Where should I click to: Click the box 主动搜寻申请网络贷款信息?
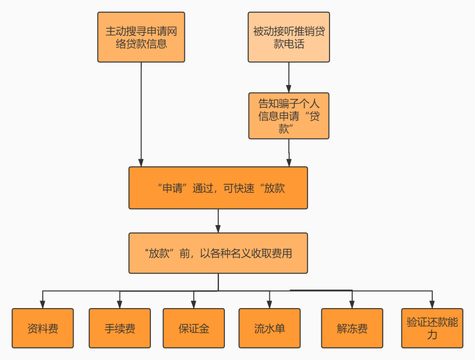tap(141, 37)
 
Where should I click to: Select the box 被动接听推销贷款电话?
tap(289, 37)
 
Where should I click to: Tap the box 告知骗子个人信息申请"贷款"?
tap(289, 116)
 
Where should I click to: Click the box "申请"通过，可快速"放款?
tap(218, 188)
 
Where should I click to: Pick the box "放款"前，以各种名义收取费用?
tap(218, 253)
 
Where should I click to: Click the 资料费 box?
tap(43, 328)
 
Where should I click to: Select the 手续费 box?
tap(120, 328)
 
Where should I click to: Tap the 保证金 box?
tap(194, 328)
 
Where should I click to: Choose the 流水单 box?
tap(270, 328)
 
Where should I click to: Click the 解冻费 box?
tap(352, 328)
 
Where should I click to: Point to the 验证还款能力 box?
tap(432, 328)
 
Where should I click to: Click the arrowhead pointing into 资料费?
tap(43, 304)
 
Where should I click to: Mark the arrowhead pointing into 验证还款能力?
tap(432, 304)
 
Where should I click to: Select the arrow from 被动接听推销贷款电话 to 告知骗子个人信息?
tap(289, 77)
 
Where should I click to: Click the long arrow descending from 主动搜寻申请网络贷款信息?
tap(141, 114)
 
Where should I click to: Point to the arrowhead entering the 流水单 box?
tap(270, 304)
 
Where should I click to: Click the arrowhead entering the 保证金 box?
tap(194, 304)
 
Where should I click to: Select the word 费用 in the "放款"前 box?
tap(281, 254)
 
